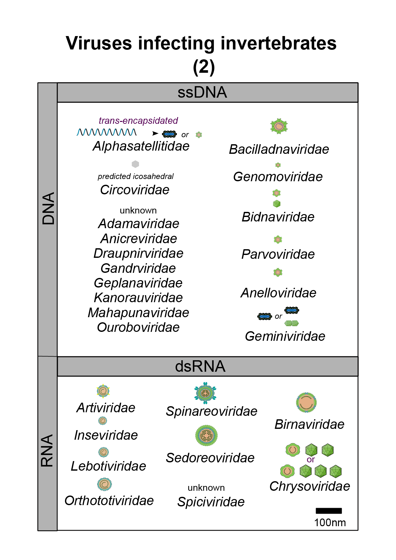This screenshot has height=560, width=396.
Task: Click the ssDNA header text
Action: pos(202,93)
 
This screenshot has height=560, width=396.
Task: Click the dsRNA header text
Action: pos(200,366)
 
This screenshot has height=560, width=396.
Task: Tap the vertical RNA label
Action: pos(47,451)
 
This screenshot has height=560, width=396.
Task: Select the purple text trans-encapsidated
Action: pos(138,121)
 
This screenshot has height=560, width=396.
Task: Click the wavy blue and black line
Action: pos(106,132)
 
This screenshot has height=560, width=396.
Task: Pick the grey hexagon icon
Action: pos(136,164)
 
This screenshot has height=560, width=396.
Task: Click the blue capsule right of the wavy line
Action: pos(169,134)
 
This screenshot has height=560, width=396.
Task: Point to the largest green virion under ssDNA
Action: pos(279,126)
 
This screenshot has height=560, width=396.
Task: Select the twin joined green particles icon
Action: pos(291,323)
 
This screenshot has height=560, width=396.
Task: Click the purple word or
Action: pos(311,460)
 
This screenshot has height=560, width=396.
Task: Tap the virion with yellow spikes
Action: pos(103,391)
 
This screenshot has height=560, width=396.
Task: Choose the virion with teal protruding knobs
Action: pos(205,393)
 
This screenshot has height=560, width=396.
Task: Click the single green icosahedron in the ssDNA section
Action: pos(277,204)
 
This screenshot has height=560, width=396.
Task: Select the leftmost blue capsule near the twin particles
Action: pos(265,317)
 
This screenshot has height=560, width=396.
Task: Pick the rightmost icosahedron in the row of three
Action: pos(336,471)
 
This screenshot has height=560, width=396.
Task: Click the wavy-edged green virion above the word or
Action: pos(293,450)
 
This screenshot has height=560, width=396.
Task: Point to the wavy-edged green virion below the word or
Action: pos(288,471)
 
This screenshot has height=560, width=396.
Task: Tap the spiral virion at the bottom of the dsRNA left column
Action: pos(105,484)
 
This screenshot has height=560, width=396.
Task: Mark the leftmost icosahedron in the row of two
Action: pos(312,450)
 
